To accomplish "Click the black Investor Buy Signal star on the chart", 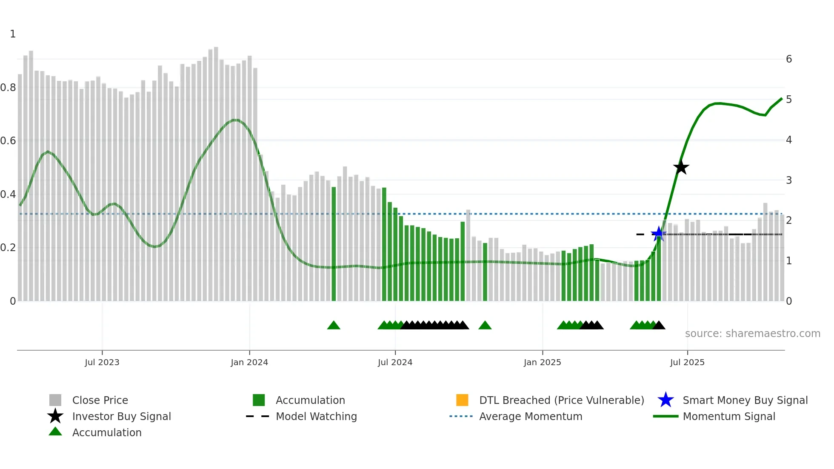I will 681,167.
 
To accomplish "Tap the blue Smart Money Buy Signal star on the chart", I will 659,234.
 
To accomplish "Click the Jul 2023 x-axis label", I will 102,362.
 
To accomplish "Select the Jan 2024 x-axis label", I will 249,362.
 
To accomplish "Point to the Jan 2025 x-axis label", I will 542,362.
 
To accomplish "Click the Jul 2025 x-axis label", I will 687,362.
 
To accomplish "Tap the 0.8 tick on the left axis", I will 8,88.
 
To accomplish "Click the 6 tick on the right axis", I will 788,59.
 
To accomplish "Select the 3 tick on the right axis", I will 788,180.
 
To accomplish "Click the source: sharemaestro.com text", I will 752,333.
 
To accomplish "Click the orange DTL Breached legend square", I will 462,400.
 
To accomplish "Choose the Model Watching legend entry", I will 316,416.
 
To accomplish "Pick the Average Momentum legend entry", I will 530,416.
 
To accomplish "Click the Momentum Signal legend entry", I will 728,416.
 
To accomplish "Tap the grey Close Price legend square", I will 55,400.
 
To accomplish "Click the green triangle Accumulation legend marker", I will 55,432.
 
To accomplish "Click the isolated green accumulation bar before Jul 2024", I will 334,245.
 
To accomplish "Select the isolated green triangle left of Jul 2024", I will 334,326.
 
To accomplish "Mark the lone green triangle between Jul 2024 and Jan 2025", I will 485,326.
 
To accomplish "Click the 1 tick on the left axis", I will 13,34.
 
